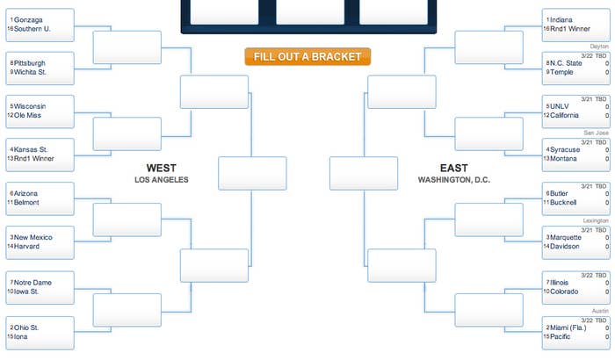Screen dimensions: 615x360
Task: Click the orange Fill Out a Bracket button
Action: pyautogui.click(x=307, y=56)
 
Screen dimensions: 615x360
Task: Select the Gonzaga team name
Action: pyautogui.click(x=28, y=20)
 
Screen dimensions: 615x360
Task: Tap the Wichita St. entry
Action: pyautogui.click(x=30, y=72)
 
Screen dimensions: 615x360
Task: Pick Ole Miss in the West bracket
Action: pyautogui.click(x=27, y=115)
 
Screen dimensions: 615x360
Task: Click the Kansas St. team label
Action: pyautogui.click(x=31, y=149)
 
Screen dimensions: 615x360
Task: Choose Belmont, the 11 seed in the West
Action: pyautogui.click(x=26, y=202)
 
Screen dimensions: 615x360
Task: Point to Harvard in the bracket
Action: pyautogui.click(x=26, y=246)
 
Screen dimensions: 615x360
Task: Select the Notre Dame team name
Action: pyautogui.click(x=33, y=283)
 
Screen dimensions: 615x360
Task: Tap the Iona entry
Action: pyautogui.click(x=21, y=336)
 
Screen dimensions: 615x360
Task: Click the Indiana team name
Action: pyautogui.click(x=561, y=20)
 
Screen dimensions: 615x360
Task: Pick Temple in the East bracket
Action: pyautogui.click(x=561, y=72)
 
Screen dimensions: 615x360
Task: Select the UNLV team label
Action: pyautogui.click(x=559, y=106)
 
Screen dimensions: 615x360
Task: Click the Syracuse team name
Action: pyautogui.click(x=565, y=149)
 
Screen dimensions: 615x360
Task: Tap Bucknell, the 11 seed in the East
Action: pyautogui.click(x=563, y=202)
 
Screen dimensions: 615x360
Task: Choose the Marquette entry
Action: pyautogui.click(x=566, y=237)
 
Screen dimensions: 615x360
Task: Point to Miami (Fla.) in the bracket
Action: pyautogui.click(x=568, y=328)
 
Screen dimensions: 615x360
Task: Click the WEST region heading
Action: pyautogui.click(x=161, y=169)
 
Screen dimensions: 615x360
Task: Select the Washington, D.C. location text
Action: pyautogui.click(x=454, y=180)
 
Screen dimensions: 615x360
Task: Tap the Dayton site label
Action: pyautogui.click(x=599, y=47)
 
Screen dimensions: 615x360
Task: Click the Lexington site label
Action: pyautogui.click(x=596, y=220)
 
